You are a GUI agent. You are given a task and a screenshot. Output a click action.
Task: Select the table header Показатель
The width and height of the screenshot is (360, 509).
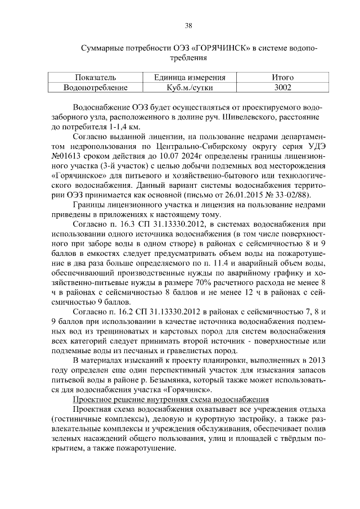coord(95,78)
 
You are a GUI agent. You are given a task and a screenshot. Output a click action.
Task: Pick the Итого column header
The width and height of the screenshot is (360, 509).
coord(282,78)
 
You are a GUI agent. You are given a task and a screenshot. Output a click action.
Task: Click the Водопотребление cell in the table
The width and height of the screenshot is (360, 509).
coord(95,88)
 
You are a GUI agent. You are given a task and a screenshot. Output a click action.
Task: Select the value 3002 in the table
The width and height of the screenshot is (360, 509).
coord(282,88)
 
